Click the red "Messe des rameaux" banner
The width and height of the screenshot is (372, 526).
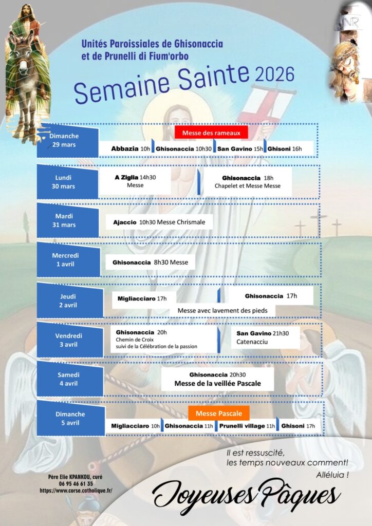pos(211,133)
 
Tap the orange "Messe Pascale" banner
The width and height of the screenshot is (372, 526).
pos(219,414)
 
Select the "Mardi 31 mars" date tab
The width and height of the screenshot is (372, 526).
pos(68,220)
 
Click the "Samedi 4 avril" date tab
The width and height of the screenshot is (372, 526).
pos(70,379)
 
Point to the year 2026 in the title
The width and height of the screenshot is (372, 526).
pos(275,74)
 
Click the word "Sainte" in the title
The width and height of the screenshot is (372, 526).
pos(213,79)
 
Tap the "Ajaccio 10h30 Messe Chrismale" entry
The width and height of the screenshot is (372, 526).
pos(159,222)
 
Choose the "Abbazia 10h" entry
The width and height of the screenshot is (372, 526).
pos(131,148)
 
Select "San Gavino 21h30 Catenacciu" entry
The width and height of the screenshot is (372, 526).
pos(263,337)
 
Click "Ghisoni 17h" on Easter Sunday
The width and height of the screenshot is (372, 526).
pos(298,426)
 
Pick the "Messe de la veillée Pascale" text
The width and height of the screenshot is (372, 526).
pos(217,383)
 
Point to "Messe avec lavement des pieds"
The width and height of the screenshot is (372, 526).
pos(222,311)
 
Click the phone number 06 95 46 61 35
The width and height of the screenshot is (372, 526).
pos(76,484)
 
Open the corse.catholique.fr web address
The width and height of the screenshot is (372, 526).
pos(76,491)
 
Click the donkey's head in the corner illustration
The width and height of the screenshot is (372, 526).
pos(23,61)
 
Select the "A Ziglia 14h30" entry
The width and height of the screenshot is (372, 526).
pos(135,177)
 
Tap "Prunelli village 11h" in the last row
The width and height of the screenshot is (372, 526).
pos(247,426)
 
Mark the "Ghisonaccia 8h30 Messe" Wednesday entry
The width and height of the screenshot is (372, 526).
pos(150,262)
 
